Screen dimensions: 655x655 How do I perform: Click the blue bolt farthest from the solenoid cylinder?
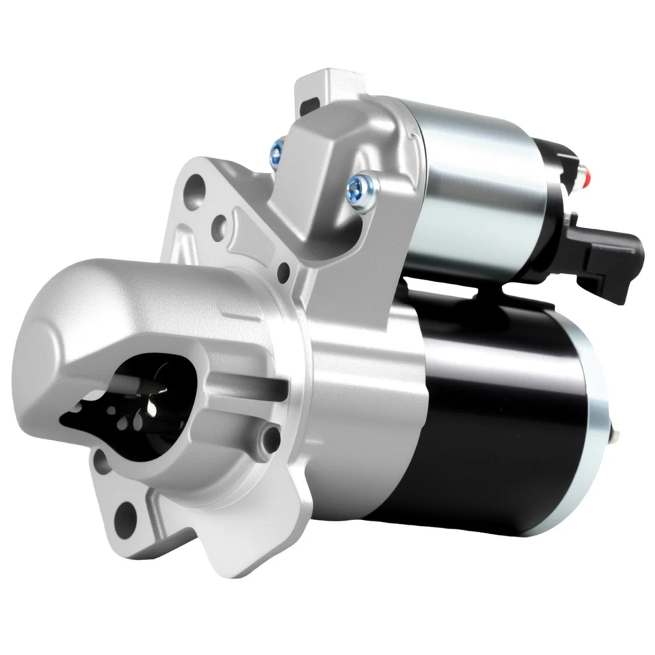pyautogui.click(x=276, y=151)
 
